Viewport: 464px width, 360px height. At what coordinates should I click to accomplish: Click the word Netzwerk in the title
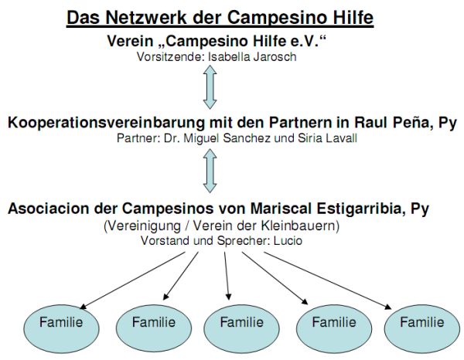tap(146, 18)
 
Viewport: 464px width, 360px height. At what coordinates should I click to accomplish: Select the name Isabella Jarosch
tap(252, 56)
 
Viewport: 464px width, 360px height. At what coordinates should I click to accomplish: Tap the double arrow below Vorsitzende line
tap(210, 87)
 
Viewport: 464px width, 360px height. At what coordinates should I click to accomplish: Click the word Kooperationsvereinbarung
tap(106, 123)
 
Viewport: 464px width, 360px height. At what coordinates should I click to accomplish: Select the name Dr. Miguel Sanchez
tap(217, 138)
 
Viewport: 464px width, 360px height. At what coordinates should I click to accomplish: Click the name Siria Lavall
tap(327, 138)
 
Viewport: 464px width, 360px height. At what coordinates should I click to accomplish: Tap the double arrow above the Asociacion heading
tap(210, 171)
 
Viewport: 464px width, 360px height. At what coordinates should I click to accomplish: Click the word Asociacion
tap(49, 209)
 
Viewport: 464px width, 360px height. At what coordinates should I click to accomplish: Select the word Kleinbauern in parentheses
tap(300, 226)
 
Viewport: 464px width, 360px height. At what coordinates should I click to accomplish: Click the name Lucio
tap(288, 240)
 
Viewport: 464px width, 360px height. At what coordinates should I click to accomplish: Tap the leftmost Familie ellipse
tap(61, 328)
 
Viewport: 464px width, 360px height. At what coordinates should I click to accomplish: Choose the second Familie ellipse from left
tap(154, 328)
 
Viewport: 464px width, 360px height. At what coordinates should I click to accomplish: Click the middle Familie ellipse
tap(241, 328)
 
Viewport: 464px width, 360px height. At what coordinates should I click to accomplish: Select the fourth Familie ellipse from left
tap(334, 328)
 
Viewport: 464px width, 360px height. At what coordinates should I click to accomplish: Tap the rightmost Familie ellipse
tap(422, 328)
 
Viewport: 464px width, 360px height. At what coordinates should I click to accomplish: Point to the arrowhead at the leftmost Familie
tap(84, 307)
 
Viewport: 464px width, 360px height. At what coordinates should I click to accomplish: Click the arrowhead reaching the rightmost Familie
tap(388, 307)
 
